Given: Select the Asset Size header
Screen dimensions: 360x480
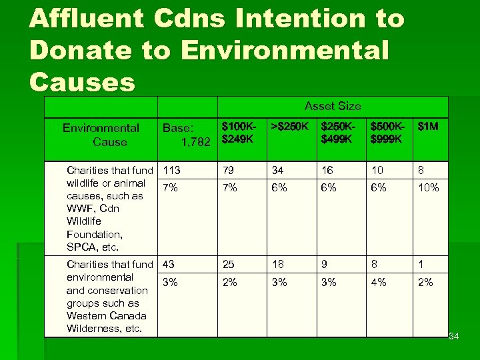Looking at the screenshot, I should click(x=332, y=106).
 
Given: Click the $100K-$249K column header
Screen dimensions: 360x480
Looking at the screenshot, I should click(x=238, y=132).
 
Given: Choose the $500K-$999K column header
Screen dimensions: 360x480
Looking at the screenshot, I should click(x=386, y=132).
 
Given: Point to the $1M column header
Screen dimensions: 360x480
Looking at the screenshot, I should click(x=427, y=126).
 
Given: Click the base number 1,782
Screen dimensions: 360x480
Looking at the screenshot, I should click(x=196, y=141).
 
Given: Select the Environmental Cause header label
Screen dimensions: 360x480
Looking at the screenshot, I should click(x=101, y=135).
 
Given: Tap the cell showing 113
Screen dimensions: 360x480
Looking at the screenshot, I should click(x=172, y=171).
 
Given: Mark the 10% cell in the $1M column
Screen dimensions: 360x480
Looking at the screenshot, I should click(x=428, y=188).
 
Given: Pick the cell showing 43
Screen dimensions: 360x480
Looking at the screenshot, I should click(x=169, y=265).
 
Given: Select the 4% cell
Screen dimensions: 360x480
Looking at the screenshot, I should click(x=378, y=282).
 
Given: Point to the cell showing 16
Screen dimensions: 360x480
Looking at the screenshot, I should click(x=327, y=171).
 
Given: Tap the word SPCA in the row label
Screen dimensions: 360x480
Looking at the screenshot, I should click(x=81, y=247).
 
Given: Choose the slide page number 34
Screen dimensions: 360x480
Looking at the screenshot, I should click(x=453, y=335).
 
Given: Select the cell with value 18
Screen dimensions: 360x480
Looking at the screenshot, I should click(x=279, y=265).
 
